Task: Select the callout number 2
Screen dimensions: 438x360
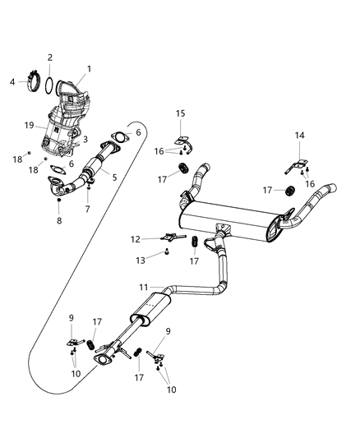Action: [49, 58]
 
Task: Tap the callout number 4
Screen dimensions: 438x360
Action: [12, 81]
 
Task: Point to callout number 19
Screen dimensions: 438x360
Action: [30, 126]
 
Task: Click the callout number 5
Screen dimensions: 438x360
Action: [114, 177]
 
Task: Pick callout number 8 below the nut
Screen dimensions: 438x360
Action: [59, 220]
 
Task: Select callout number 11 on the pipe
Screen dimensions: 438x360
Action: [145, 288]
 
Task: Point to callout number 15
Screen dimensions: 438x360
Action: [180, 113]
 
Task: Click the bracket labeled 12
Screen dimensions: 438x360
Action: [169, 239]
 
